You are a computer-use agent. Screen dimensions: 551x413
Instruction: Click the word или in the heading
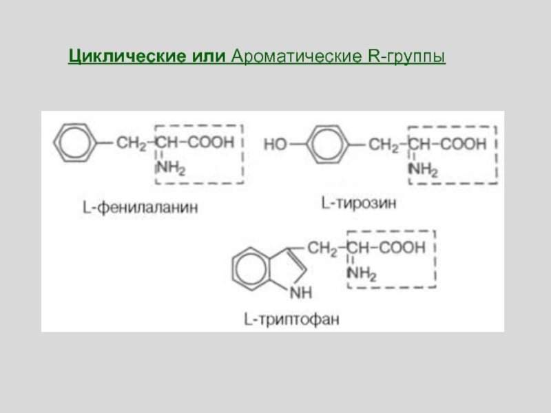(x=205, y=56)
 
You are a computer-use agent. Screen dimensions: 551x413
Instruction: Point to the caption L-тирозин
(x=359, y=204)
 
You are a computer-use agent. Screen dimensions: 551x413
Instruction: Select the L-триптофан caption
(x=291, y=319)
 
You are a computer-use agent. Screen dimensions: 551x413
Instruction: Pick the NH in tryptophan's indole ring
(x=301, y=293)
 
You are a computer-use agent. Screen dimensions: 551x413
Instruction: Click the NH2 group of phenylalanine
(x=171, y=167)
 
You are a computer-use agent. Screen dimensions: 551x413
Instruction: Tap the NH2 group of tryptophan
(x=362, y=275)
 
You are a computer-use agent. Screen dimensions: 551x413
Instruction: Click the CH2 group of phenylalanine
(x=131, y=143)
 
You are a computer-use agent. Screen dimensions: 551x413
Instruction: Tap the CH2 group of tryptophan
(x=322, y=249)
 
